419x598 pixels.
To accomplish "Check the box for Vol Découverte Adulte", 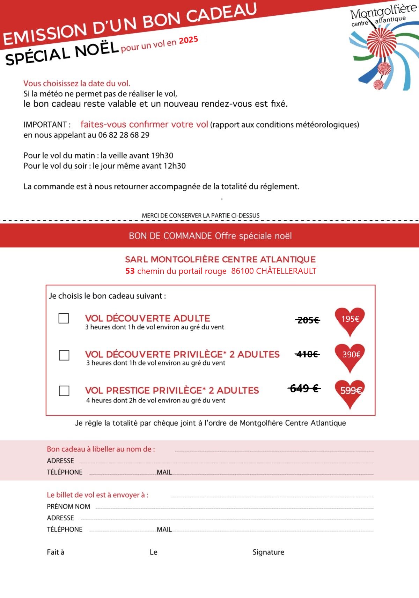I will (64, 318).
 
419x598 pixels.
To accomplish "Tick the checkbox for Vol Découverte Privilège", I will (64, 355).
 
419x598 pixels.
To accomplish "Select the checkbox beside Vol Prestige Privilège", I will (64, 391).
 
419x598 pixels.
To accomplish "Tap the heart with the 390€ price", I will (350, 355).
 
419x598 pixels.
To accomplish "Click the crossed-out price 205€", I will (308, 320).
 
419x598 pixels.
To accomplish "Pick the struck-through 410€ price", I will (307, 354).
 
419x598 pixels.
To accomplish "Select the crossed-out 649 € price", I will (304, 388).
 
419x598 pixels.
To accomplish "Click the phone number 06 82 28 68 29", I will (124, 135).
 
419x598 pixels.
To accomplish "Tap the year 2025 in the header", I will (189, 40).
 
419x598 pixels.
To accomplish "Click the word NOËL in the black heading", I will (97, 50).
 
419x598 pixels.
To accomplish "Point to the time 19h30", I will (162, 156).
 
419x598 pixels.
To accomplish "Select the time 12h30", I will (175, 166).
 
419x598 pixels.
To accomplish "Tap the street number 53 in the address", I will (130, 271).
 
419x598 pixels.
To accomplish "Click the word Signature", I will (268, 552).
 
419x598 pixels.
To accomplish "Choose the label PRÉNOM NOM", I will (68, 506).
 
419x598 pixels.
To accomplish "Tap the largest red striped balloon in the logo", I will (381, 42).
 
